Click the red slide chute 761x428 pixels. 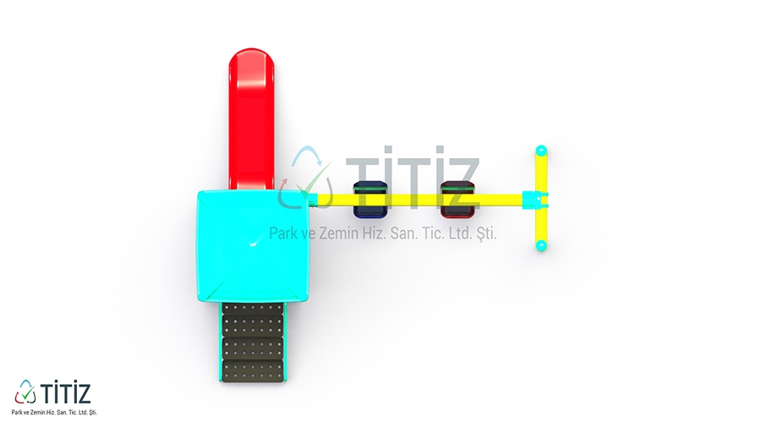(x=251, y=119)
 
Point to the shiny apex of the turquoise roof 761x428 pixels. (x=253, y=244)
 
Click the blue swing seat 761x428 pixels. (x=370, y=199)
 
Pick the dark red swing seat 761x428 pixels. (x=457, y=199)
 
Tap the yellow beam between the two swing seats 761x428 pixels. (x=413, y=200)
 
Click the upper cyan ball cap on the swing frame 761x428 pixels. (x=541, y=151)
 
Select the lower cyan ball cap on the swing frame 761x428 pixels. (x=541, y=245)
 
